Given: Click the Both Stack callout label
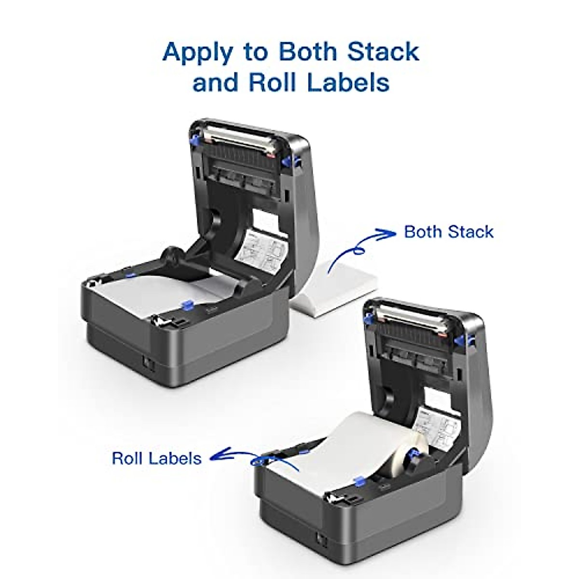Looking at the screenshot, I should pos(449,232).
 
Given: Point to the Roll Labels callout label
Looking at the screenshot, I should pos(157,457).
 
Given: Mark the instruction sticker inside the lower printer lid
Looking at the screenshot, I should pos(434,429).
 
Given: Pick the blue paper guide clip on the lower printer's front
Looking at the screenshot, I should pos(358,481).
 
